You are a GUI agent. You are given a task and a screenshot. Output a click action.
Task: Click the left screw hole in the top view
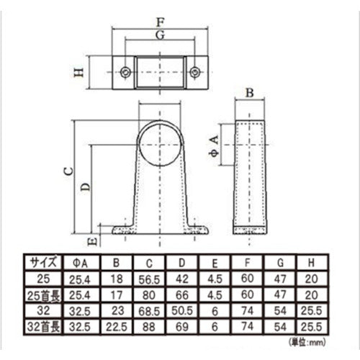(x=126, y=71)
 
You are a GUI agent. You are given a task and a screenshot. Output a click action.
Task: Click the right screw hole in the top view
(x=194, y=71)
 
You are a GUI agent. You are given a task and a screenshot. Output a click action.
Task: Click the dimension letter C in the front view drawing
(x=66, y=171)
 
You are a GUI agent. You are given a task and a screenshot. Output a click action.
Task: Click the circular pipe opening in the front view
(x=160, y=143)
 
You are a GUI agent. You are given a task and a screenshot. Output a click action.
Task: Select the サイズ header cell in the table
(x=42, y=262)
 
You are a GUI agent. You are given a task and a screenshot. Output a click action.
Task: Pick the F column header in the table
(x=247, y=262)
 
